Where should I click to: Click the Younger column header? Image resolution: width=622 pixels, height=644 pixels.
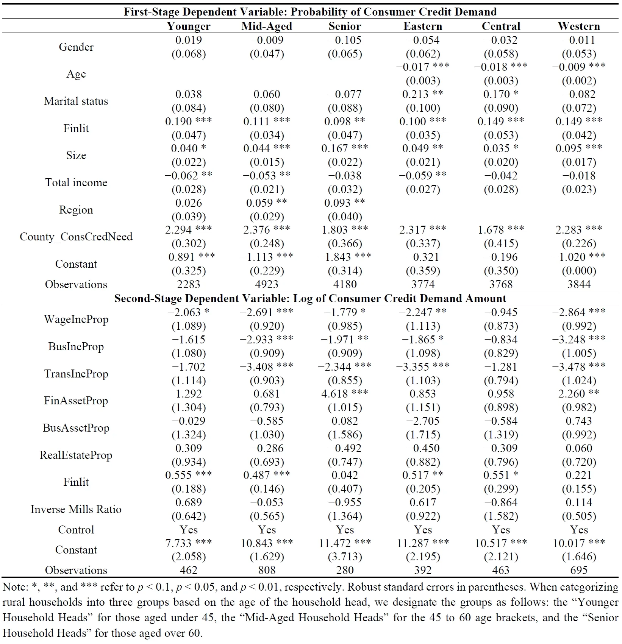click(189, 26)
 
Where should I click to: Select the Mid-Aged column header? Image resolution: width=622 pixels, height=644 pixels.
click(267, 26)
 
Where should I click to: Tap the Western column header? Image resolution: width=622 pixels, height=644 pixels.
click(578, 26)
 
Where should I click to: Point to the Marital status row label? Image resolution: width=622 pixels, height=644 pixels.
click(76, 101)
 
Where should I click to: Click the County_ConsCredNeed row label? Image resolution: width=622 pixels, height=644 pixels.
click(76, 237)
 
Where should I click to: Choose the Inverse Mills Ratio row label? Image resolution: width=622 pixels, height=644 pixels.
click(76, 509)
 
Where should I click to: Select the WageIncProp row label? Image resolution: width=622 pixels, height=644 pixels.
click(76, 319)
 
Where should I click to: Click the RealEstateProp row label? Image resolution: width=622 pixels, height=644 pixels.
click(76, 455)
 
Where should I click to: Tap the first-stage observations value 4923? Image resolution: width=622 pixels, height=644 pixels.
click(267, 284)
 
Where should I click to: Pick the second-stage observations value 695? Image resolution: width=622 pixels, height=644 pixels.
click(578, 570)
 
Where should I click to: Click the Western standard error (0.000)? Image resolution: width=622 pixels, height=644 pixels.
click(578, 271)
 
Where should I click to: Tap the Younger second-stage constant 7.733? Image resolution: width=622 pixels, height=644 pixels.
click(178, 543)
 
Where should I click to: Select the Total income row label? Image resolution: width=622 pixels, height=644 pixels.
click(76, 182)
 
